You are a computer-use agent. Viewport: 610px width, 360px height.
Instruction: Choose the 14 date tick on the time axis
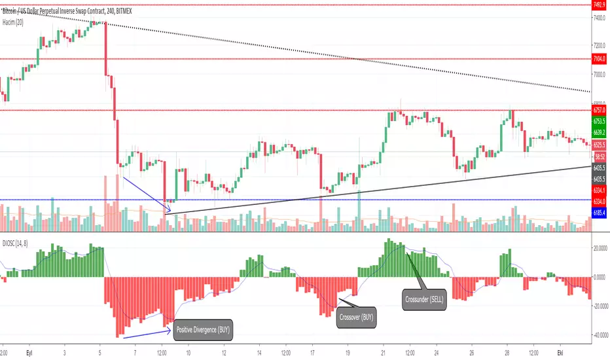coord(260,352)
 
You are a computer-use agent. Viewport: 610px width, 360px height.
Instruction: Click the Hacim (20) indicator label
coord(15,22)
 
